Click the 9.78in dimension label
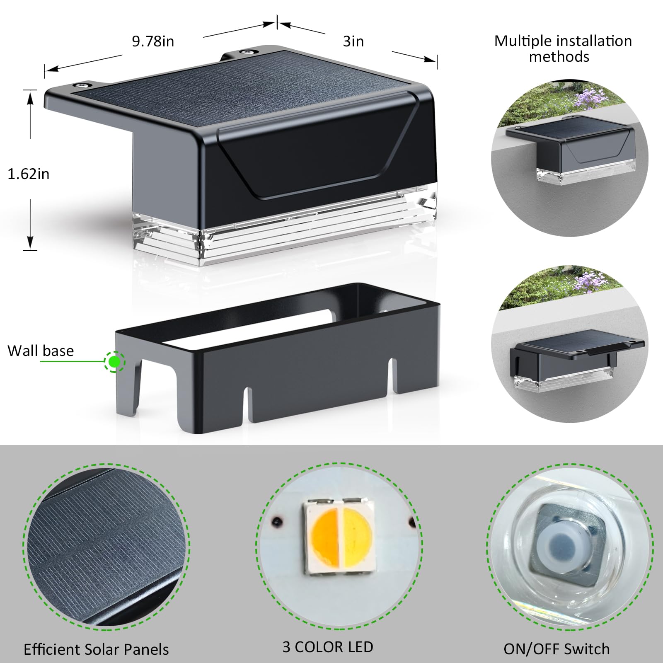point(153,41)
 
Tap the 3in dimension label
point(353,41)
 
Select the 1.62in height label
point(29,174)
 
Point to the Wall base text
point(41,351)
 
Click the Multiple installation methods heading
point(563,48)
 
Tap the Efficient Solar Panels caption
point(96,649)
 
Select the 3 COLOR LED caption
point(328,647)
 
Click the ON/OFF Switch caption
point(557,649)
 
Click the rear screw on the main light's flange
point(247,53)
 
